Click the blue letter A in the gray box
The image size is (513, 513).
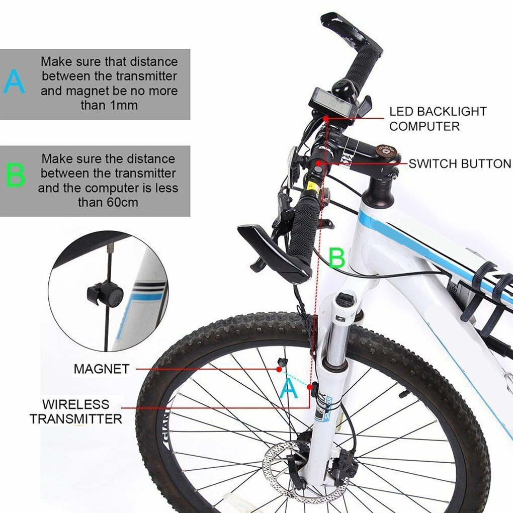pos(14,82)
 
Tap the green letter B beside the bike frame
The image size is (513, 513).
pos(336,258)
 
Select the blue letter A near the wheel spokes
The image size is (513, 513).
pos(288,389)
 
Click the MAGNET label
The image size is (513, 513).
pos(101,369)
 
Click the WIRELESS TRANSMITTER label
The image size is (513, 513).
pos(75,411)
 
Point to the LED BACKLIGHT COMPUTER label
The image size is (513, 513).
pos(438,119)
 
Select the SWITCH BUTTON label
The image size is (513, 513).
pos(459,163)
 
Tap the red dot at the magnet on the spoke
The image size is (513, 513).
pos(278,369)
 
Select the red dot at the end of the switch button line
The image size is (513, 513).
pos(319,163)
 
